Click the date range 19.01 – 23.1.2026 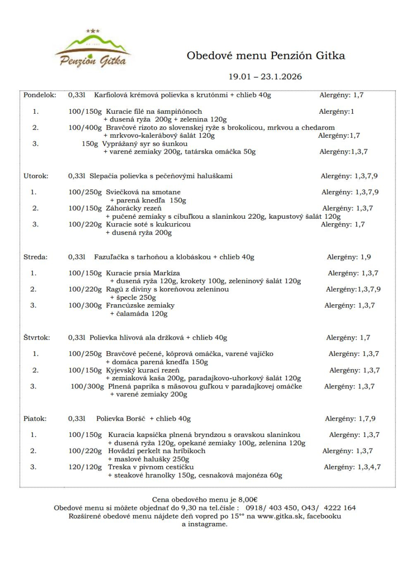coord(265,77)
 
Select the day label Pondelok coord(40,95)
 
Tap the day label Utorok coord(36,176)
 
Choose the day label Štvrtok coord(37,338)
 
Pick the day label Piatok coord(34,419)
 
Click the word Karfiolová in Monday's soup coord(110,95)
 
